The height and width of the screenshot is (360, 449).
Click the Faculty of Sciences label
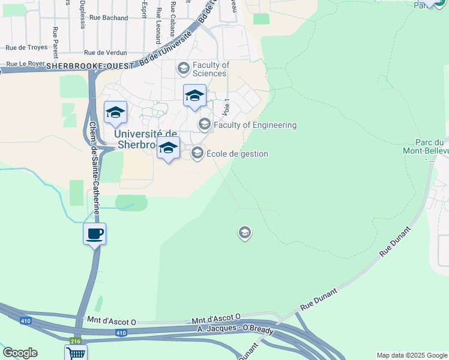coord(210,69)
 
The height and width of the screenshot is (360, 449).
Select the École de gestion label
coord(237,154)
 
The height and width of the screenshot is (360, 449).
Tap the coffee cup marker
coord(95,233)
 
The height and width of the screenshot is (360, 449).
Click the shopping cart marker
coord(76,353)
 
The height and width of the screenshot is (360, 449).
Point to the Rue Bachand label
coord(109,18)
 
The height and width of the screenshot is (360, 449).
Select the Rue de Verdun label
coord(103,52)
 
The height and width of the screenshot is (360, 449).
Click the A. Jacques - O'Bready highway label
coord(235,331)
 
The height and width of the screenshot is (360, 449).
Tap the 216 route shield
coord(75,341)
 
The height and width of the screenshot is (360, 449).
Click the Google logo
coord(20,353)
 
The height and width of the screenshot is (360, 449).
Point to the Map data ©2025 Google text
coord(412,355)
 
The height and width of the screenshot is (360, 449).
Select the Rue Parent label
coord(55,38)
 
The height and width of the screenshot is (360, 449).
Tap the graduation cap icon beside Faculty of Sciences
coord(183,69)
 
